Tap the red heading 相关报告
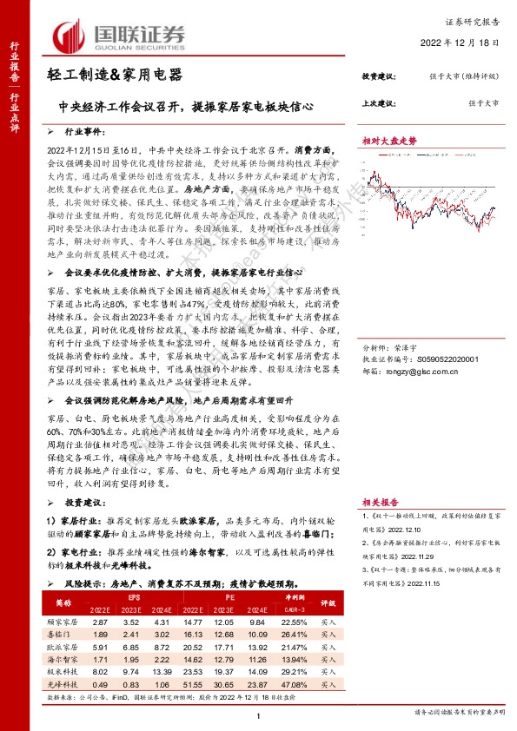click(379, 502)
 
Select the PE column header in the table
click(228, 597)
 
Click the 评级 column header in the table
click(328, 602)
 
